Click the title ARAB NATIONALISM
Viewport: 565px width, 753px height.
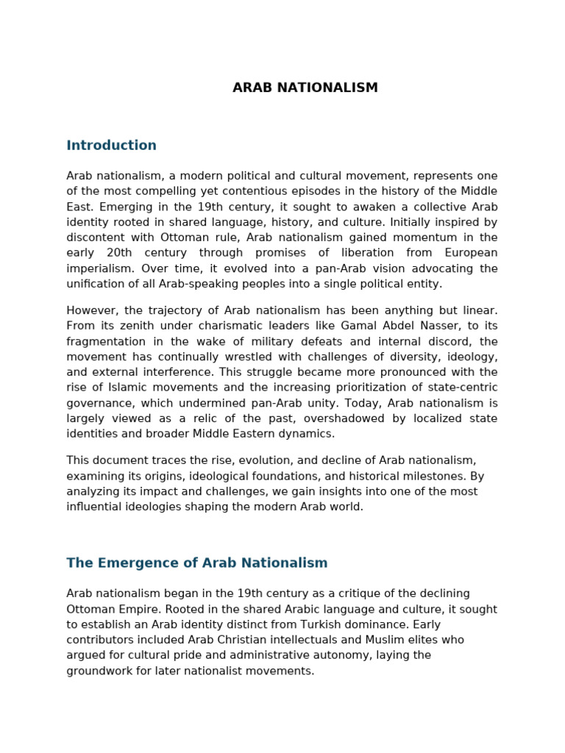pyautogui.click(x=305, y=88)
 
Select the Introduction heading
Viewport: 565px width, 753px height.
pyautogui.click(x=111, y=146)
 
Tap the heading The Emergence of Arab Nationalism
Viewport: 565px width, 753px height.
pyautogui.click(x=196, y=563)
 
